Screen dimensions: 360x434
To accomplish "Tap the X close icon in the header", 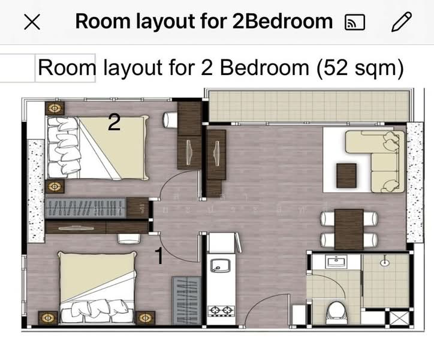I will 32,22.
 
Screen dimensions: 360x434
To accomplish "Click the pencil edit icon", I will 402,22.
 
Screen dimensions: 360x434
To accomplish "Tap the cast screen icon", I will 355,23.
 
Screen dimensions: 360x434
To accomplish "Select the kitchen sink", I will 219,265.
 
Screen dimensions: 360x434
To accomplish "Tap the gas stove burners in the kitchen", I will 220,311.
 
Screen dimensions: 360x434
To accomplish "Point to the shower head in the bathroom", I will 385,262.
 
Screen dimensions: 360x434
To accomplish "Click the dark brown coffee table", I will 347,175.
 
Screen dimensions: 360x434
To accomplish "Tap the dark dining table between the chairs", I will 349,229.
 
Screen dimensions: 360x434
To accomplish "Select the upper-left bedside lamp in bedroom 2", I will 55,109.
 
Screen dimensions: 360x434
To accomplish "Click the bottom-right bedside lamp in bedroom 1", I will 144,316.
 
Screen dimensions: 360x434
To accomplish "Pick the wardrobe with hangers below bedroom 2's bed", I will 87,208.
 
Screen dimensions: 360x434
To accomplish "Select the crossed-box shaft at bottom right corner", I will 399,318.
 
